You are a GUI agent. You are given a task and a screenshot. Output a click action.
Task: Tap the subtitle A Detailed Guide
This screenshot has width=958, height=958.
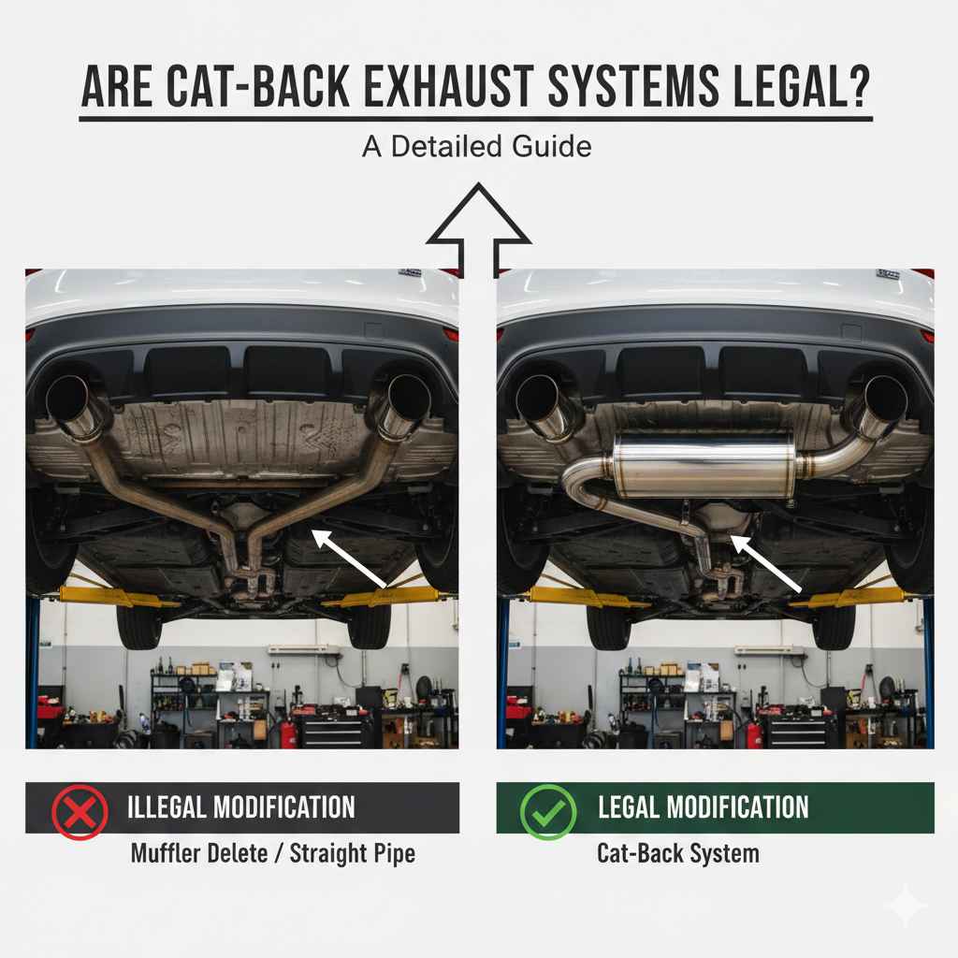click(x=476, y=147)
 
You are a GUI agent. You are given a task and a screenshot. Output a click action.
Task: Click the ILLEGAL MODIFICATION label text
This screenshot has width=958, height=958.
click(x=240, y=807)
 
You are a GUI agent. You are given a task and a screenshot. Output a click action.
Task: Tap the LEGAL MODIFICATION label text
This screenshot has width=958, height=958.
click(x=703, y=807)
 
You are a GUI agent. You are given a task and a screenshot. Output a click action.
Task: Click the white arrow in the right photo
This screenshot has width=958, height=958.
click(x=767, y=563)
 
